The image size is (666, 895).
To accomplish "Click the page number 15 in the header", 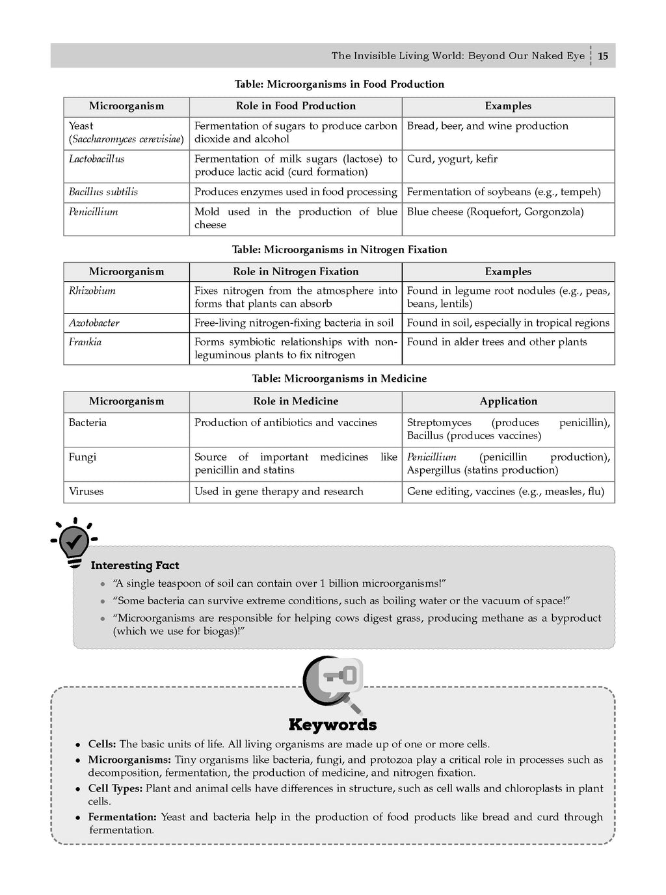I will tap(603, 56).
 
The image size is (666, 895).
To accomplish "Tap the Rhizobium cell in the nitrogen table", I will tap(92, 291).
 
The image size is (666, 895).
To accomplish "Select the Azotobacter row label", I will tap(94, 323).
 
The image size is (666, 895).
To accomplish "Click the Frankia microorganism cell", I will tap(85, 342).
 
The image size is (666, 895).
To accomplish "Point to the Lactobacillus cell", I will tap(96, 159).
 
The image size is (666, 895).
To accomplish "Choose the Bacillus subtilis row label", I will tap(103, 192).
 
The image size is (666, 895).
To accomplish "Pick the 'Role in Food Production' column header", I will tap(295, 106).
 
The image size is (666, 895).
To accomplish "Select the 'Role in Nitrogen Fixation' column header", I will tap(295, 272).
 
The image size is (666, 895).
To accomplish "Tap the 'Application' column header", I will tap(508, 401).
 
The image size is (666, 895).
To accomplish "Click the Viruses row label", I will tap(86, 492).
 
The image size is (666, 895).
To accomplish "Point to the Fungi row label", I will tap(82, 457).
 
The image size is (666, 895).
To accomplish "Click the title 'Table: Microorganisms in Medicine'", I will tap(339, 379).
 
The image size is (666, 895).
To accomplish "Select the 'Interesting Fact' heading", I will tap(135, 566).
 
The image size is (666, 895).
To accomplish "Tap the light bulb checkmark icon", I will tap(73, 541).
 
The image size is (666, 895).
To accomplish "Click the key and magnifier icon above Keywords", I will tap(333, 684).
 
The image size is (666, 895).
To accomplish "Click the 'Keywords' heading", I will tap(332, 725).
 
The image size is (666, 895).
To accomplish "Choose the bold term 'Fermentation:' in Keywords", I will tap(122, 817).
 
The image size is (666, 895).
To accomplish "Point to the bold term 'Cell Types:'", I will tap(115, 788).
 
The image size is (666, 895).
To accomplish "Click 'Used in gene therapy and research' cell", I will tap(278, 492).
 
